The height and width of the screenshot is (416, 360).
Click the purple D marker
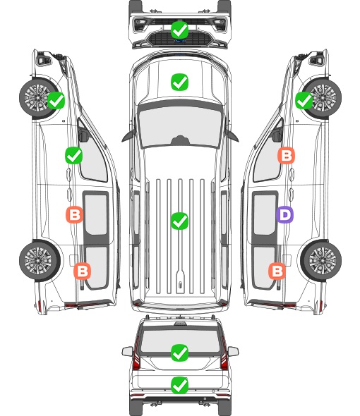(284, 214)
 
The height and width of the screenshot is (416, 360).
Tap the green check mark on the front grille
(179, 30)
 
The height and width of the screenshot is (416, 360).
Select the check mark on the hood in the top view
(179, 82)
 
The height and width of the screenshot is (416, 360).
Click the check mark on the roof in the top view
(179, 221)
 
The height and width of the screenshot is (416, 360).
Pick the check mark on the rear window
(179, 353)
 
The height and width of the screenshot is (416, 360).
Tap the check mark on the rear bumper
(179, 385)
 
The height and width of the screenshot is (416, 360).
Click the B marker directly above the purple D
(286, 155)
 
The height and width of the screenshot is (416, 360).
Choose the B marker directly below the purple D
(277, 271)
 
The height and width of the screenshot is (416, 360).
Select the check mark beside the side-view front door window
(74, 155)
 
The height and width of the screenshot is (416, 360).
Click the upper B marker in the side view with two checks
(74, 214)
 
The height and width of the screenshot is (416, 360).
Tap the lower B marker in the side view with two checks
(82, 271)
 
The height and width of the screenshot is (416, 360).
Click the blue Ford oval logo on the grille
(180, 41)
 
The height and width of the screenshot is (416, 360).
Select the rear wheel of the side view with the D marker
(321, 261)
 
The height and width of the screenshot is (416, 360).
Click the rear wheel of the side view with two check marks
(40, 261)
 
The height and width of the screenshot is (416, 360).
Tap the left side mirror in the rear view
(128, 351)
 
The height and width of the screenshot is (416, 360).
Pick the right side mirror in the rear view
(233, 351)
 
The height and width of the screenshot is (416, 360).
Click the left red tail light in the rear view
(136, 355)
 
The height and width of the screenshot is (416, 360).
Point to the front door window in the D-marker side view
(268, 155)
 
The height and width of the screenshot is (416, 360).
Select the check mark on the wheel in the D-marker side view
(304, 101)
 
